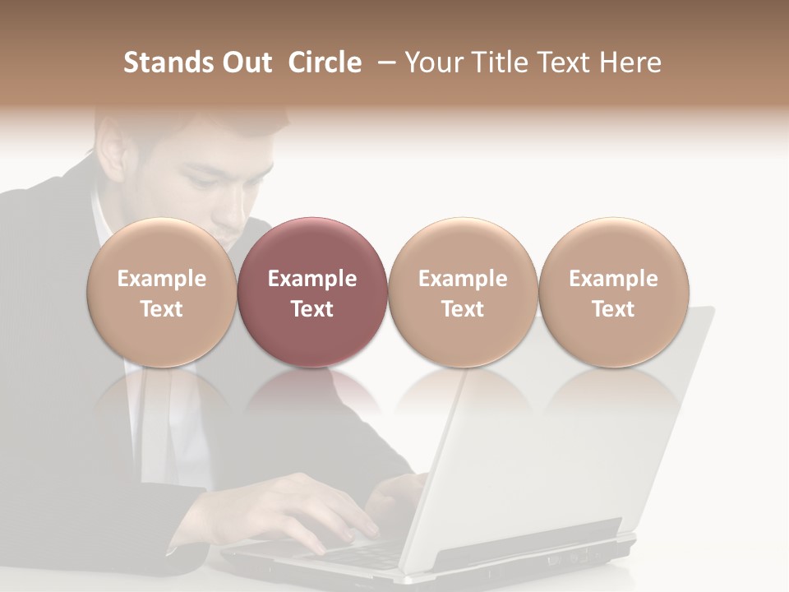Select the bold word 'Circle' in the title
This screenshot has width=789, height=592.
click(325, 62)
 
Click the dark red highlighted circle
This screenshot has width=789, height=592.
click(312, 293)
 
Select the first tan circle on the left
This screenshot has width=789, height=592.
click(162, 293)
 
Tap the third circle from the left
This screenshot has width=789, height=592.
click(463, 293)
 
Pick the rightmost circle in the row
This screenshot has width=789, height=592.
click(613, 293)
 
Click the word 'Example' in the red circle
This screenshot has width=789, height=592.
click(312, 279)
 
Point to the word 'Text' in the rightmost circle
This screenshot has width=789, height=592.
click(613, 309)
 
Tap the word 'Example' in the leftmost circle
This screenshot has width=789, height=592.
click(162, 279)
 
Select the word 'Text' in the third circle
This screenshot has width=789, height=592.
click(463, 309)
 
